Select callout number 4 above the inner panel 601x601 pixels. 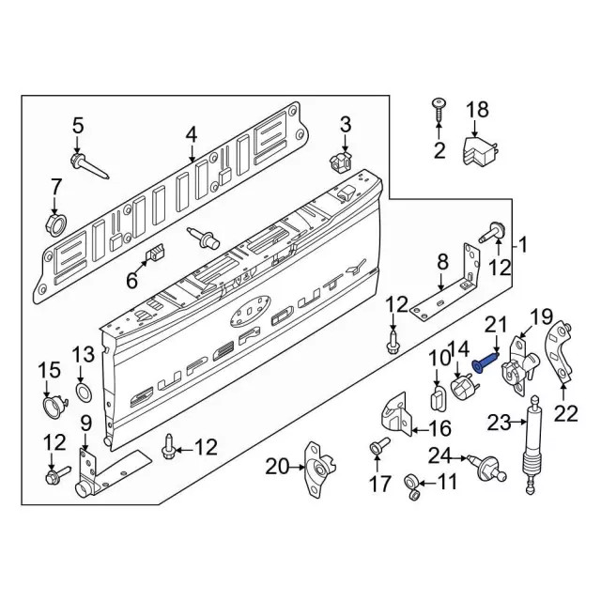[192, 135]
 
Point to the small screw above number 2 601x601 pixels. [439, 105]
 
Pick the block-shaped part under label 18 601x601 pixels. [480, 150]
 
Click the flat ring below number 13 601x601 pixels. [83, 390]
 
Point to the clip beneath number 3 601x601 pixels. [344, 162]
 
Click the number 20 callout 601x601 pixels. [278, 465]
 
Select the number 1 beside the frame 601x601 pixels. [524, 247]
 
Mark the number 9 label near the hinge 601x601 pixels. [86, 423]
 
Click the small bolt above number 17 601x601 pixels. [378, 446]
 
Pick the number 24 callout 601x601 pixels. [439, 457]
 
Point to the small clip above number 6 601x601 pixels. [156, 252]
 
